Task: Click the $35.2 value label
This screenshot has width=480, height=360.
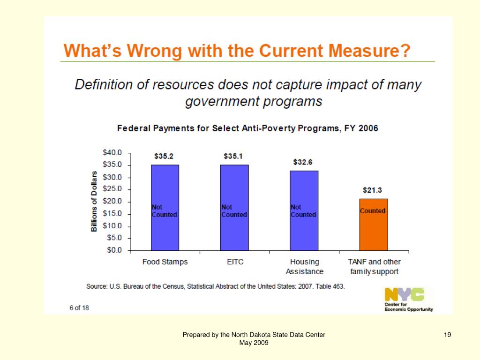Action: click(x=165, y=156)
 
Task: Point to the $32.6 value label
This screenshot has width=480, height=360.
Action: click(x=303, y=162)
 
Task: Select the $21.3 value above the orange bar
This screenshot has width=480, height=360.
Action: click(x=373, y=190)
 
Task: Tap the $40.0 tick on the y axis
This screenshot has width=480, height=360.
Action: click(x=112, y=152)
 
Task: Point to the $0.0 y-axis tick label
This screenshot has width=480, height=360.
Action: click(x=114, y=250)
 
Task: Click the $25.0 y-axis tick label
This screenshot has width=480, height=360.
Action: click(x=112, y=189)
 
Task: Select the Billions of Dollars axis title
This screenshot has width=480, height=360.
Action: click(x=94, y=201)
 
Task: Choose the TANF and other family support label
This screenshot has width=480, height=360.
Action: click(x=375, y=267)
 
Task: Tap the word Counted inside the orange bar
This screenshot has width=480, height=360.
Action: click(x=373, y=211)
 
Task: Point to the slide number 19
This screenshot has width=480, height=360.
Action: click(x=447, y=335)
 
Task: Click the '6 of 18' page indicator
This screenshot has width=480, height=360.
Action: click(x=79, y=308)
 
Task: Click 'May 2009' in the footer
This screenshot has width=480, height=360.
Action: click(x=254, y=343)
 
